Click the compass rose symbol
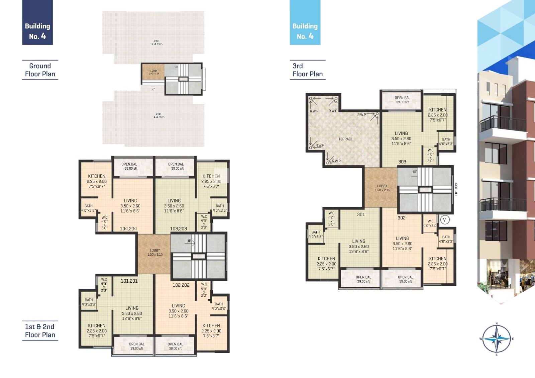497,339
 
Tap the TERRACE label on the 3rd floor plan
345,139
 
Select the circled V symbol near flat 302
444,220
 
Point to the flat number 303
402,162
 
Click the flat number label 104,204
128,229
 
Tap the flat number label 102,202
181,285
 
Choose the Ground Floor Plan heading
40,70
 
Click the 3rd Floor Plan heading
307,70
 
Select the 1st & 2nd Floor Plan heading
40,330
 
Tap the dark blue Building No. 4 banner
37,22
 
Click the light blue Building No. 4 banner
305,22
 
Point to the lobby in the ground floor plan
153,72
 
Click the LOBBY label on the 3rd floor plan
382,188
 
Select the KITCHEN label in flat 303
437,110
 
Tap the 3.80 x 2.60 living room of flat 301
358,246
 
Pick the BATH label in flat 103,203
220,206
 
